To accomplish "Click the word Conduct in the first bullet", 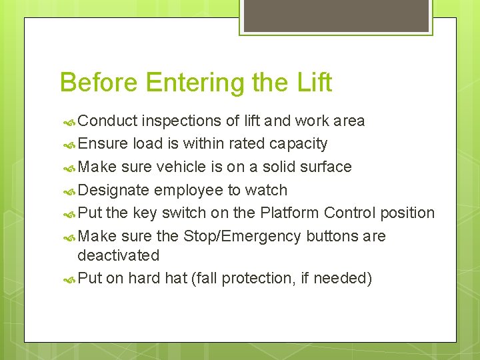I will tap(107, 121).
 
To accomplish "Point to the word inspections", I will tap(181, 121).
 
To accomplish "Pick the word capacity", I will tap(298, 144).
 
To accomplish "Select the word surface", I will tap(325, 167).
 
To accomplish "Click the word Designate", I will tap(113, 191).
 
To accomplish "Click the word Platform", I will tap(289, 213).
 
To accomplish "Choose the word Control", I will tap(350, 213).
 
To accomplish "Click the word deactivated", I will tap(119, 255).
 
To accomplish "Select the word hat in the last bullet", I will tap(176, 278).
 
